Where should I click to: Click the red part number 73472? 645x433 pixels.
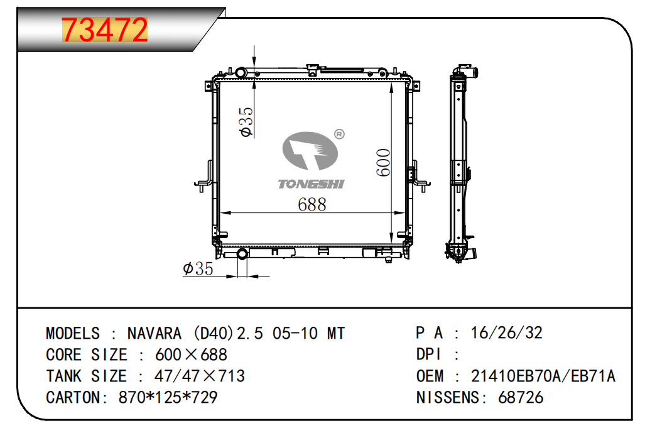(x=104, y=30)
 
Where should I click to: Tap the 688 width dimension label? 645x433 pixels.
(x=312, y=205)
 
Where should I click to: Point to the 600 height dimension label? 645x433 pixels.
(x=383, y=163)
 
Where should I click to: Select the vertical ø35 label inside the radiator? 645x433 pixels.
(x=246, y=122)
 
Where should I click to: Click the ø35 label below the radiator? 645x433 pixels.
(x=198, y=269)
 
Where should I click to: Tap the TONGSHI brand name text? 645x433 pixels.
(x=311, y=184)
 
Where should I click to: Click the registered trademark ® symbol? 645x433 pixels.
(x=339, y=134)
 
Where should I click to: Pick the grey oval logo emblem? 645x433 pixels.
(x=310, y=151)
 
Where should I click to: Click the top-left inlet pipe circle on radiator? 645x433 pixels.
(x=241, y=74)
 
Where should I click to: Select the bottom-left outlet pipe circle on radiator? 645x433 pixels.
(x=242, y=253)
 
